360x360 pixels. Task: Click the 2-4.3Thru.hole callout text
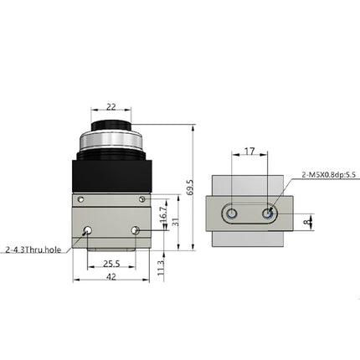pyautogui.click(x=33, y=249)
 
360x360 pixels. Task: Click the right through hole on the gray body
pyautogui.click(x=135, y=230)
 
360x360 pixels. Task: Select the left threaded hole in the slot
pyautogui.click(x=230, y=214)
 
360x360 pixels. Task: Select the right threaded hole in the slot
pyautogui.click(x=268, y=214)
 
